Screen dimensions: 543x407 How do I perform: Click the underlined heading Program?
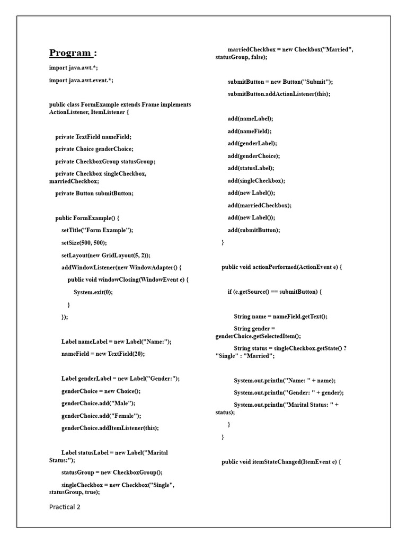73,52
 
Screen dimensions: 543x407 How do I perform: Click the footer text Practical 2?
65,506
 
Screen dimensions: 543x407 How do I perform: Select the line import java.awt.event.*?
81,80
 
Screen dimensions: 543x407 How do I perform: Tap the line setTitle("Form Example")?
98,230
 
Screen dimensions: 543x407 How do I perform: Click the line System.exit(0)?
93,292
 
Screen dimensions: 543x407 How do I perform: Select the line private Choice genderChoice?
94,149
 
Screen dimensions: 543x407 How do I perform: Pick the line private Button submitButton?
94,193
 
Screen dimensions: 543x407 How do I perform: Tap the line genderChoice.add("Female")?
101,416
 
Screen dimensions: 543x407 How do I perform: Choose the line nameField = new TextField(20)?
103,353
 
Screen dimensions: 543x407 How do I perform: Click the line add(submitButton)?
254,230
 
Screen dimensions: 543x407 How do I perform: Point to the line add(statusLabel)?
251,168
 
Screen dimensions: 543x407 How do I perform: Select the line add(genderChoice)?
253,156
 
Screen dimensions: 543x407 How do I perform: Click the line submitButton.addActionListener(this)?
279,94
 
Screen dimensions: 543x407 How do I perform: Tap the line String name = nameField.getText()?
280,317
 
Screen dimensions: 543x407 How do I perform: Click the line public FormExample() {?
87,218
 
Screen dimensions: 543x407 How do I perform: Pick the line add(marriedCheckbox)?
260,205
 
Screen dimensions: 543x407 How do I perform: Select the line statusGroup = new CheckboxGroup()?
112,472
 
